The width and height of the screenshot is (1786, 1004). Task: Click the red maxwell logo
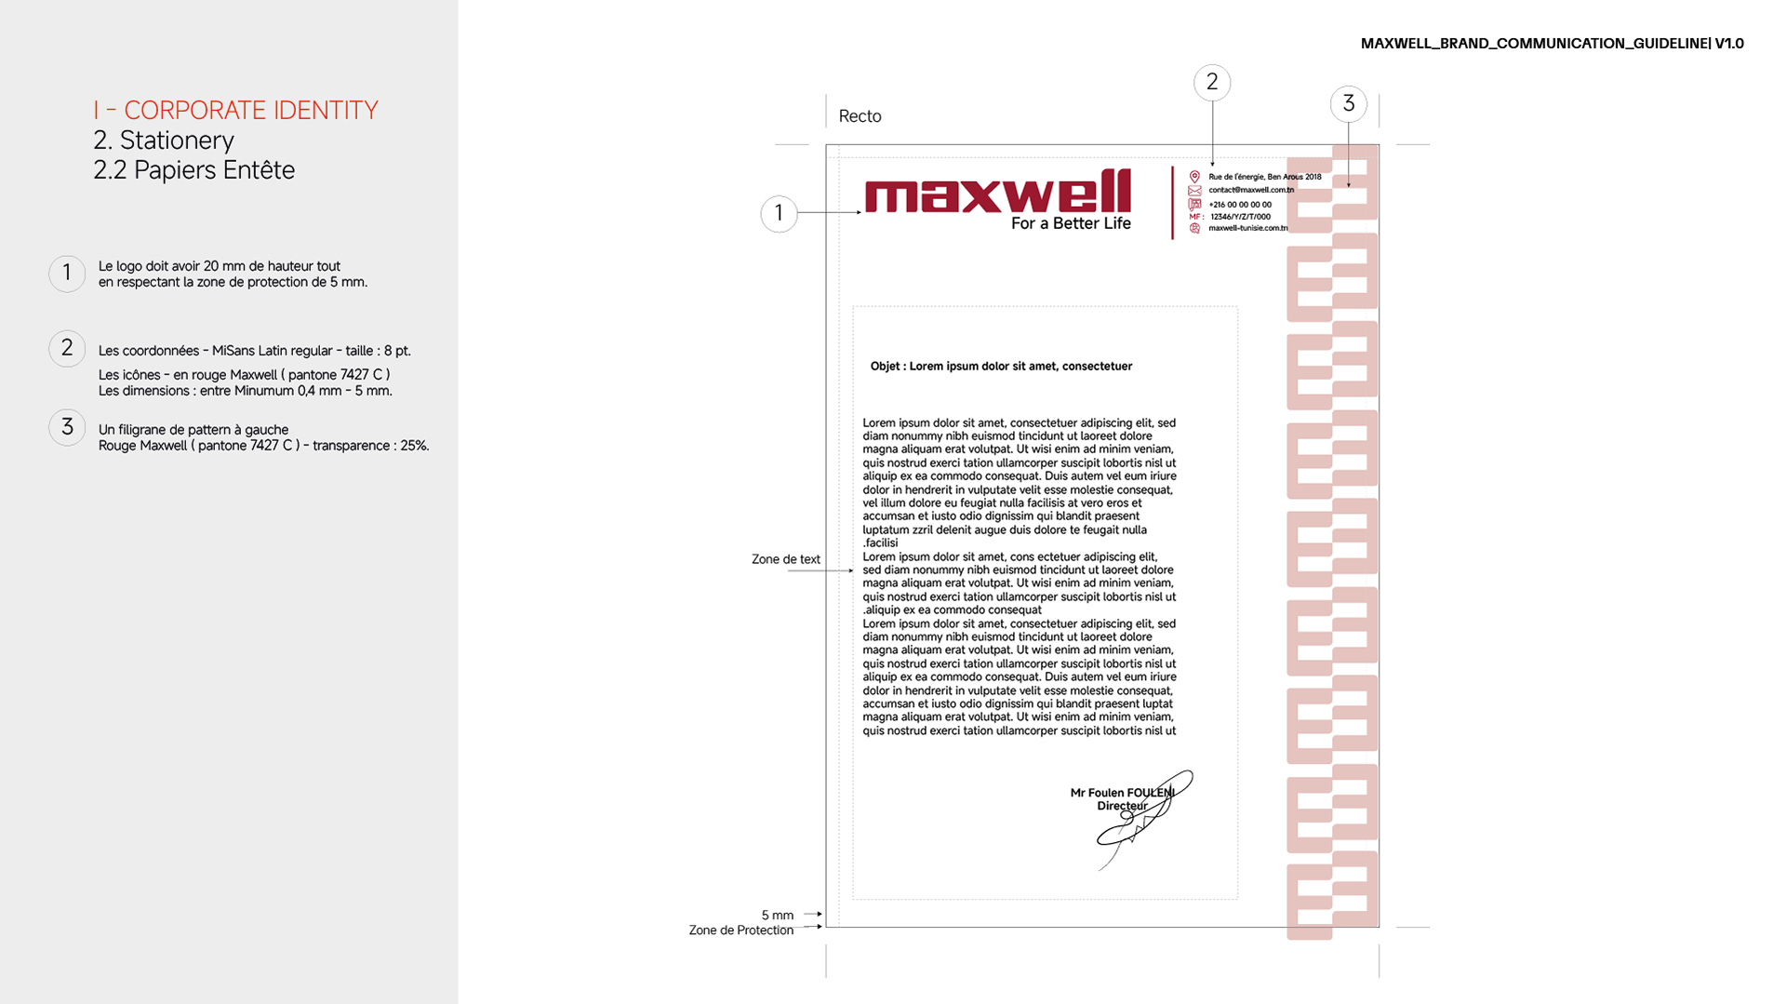[x=998, y=193]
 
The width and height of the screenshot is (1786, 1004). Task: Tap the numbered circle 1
[x=67, y=274]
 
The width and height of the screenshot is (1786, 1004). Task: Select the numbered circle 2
[x=67, y=348]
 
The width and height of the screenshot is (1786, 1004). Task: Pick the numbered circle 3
[x=67, y=427]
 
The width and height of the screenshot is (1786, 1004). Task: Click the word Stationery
[x=177, y=141]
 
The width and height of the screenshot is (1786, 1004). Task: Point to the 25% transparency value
[x=414, y=446]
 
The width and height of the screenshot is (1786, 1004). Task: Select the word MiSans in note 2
[x=233, y=351]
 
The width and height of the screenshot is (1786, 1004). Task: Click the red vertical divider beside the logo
[x=1173, y=202]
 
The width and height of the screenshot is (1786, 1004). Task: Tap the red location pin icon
[x=1195, y=176]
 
